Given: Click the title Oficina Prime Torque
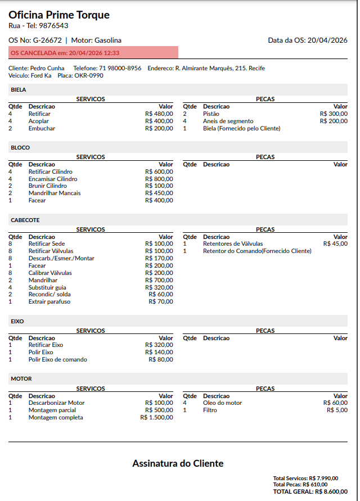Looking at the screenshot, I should click(59, 15).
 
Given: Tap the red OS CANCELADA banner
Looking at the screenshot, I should click(93, 53).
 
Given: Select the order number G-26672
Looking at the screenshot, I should click(47, 40).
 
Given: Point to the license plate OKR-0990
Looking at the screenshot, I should click(89, 75).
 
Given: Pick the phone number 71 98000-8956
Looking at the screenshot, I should click(120, 68).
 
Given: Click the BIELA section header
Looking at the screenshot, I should click(19, 89).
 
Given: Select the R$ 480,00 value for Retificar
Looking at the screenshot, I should click(159, 114).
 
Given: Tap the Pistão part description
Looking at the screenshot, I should click(211, 114).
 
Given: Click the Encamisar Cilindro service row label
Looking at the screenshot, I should click(53, 179).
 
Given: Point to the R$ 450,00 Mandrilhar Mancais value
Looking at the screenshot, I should click(159, 193).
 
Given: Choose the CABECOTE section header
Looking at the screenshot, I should click(25, 220).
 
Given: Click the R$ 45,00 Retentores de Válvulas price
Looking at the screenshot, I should click(335, 244).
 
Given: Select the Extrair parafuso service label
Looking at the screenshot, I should click(49, 301).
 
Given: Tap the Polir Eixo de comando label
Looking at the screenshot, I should click(58, 359).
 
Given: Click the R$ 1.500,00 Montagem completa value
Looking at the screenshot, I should click(156, 417).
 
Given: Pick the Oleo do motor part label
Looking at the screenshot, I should click(222, 403).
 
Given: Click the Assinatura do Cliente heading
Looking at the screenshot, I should click(178, 463).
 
